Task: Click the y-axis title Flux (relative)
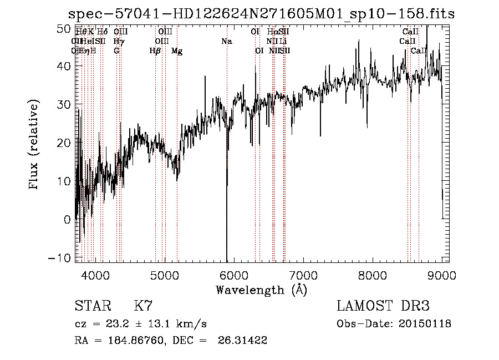34,145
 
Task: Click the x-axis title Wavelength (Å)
261,290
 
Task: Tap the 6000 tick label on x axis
233,276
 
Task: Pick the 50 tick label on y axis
64,28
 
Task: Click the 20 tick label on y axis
64,143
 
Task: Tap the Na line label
226,42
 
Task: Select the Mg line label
177,51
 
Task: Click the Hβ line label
155,51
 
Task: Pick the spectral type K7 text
143,306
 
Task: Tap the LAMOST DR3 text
383,306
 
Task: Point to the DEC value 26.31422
245,341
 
